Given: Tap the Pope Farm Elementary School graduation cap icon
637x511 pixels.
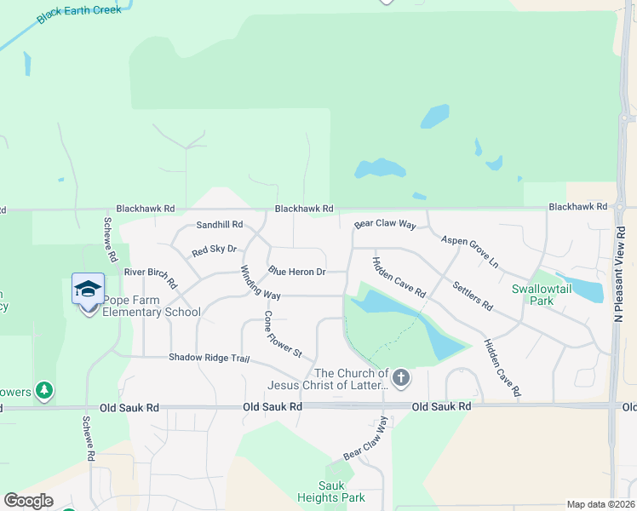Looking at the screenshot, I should click(x=89, y=290).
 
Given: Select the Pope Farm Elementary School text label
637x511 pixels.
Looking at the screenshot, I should click(x=152, y=306).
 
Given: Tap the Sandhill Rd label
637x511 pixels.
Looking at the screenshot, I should click(x=220, y=225).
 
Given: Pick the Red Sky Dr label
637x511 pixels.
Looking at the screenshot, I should click(x=214, y=250).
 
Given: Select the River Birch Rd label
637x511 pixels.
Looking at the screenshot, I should click(x=151, y=277).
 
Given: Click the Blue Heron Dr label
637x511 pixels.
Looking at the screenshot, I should click(x=297, y=272).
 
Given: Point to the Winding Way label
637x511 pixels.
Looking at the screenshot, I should click(x=260, y=283).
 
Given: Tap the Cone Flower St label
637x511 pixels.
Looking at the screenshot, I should click(x=283, y=333).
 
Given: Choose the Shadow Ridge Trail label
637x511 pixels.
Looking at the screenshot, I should click(x=209, y=358).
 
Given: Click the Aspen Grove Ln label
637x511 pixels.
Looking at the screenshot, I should click(x=469, y=252).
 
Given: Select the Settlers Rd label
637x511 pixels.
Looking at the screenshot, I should click(x=473, y=295).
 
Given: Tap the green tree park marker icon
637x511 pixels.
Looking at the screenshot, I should click(x=43, y=391).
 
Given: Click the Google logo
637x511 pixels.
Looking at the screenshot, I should click(x=28, y=501).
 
